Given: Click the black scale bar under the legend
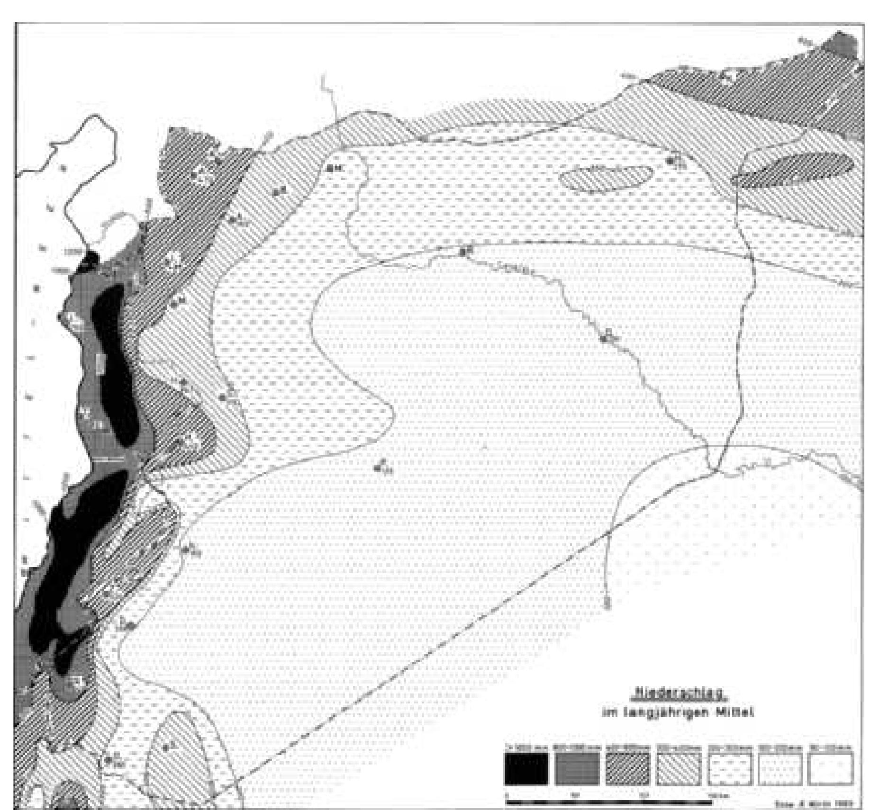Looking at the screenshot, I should tap(608, 789).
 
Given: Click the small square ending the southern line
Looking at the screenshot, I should tap(607, 604).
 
